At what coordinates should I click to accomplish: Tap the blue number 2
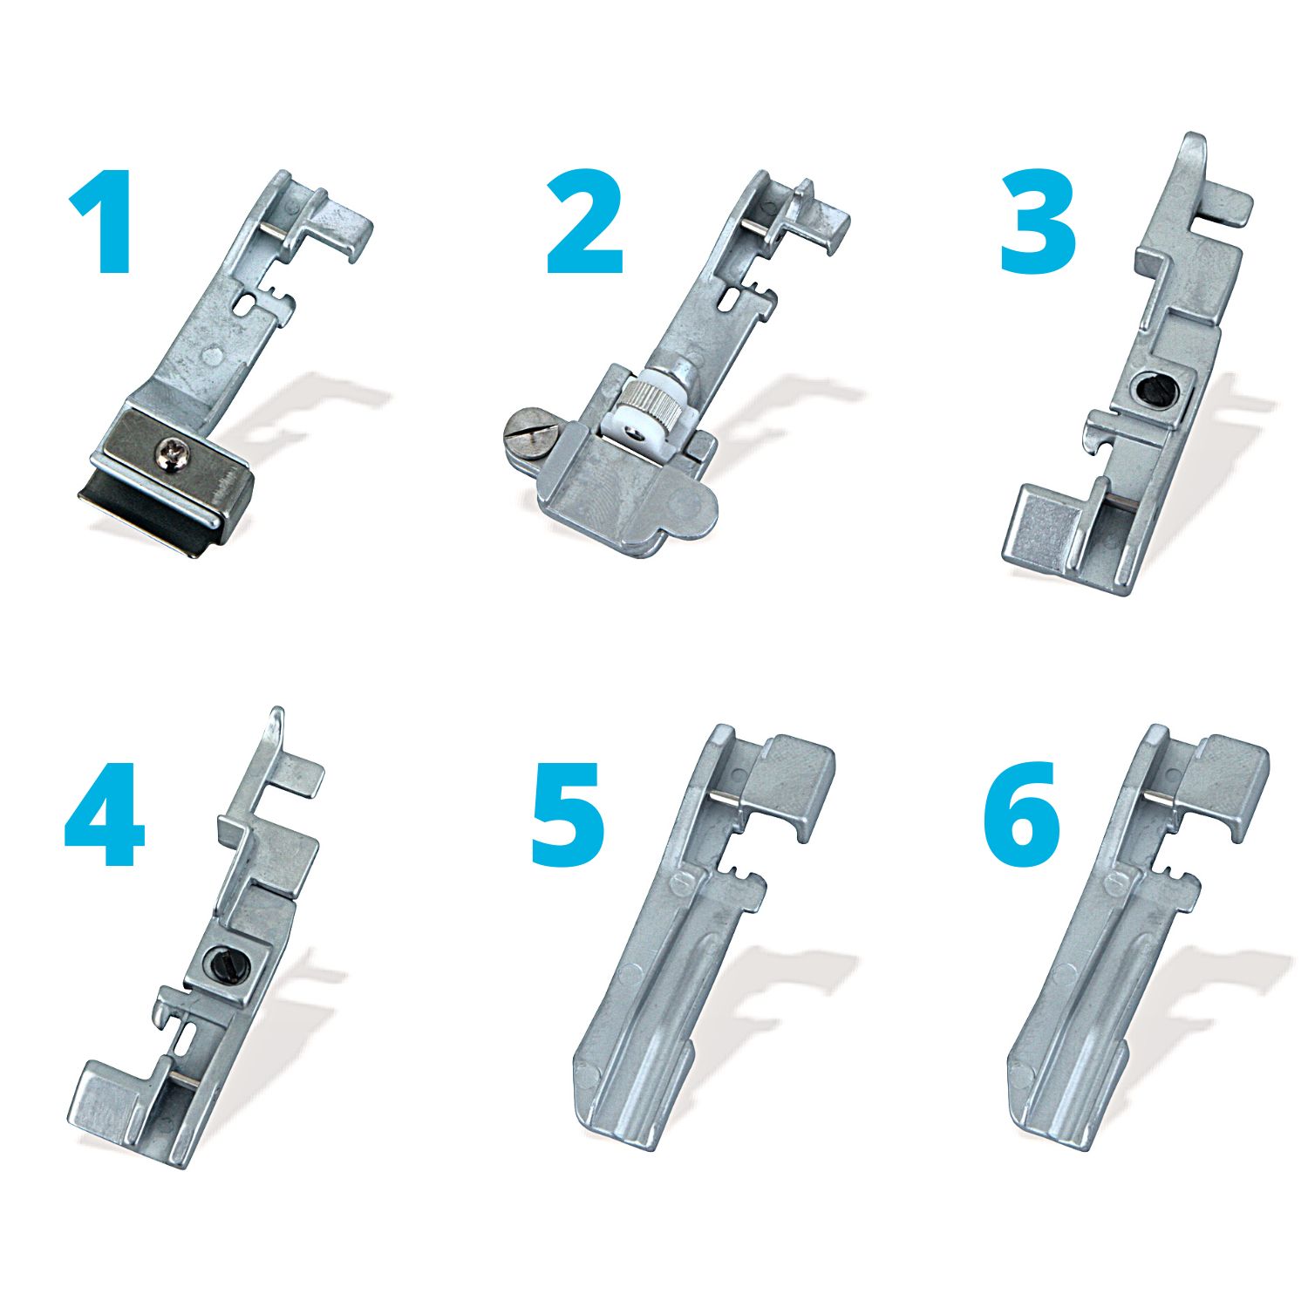585,222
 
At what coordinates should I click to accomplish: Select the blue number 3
1038,222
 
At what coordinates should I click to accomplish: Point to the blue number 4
104,815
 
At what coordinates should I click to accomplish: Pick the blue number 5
568,815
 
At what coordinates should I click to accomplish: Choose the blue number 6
1022,815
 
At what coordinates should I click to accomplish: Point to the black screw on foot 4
218,962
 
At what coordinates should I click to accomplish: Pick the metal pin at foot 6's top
1159,797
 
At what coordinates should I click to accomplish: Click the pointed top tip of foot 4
276,711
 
